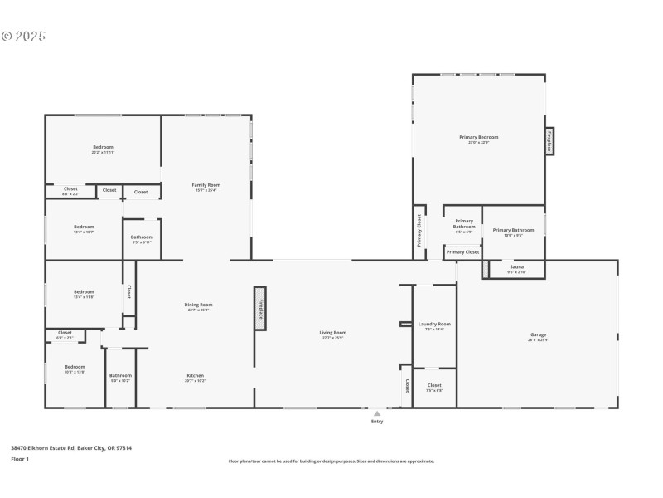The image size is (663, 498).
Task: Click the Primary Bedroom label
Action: click(x=478, y=137)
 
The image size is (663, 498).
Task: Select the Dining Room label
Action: click(x=198, y=305)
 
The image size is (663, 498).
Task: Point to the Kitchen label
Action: click(x=195, y=375)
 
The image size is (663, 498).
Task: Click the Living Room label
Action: click(x=332, y=333)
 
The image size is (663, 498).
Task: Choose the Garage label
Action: click(x=538, y=334)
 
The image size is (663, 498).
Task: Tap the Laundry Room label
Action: click(x=434, y=324)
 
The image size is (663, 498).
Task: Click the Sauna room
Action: click(x=516, y=269)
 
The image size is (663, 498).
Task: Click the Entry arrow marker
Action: click(x=377, y=413)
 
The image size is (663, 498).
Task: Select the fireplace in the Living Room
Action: click(x=260, y=308)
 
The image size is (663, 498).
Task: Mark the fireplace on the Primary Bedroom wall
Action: click(x=549, y=141)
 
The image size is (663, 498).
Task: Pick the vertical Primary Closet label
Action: click(x=419, y=231)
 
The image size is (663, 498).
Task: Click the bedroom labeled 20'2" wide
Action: click(x=103, y=149)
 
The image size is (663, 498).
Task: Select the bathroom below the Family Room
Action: click(x=141, y=239)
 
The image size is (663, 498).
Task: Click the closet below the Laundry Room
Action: click(x=434, y=387)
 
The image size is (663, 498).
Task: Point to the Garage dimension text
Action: click(x=538, y=340)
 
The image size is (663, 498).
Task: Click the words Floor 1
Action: click(x=19, y=459)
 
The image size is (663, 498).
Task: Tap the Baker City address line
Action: click(x=71, y=447)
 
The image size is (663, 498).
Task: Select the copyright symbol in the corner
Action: click(x=7, y=36)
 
